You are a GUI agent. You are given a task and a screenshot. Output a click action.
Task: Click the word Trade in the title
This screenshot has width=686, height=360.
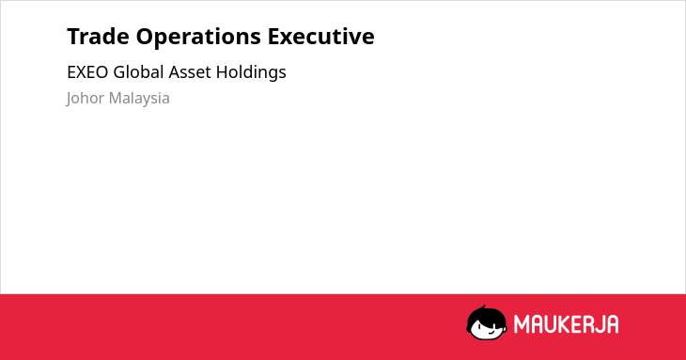(x=98, y=37)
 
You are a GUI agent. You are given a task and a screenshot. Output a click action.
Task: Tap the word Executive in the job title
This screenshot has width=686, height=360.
(x=321, y=37)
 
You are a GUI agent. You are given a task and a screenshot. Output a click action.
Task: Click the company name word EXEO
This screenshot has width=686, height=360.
(x=87, y=72)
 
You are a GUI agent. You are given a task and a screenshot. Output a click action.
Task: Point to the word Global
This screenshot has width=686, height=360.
(x=138, y=71)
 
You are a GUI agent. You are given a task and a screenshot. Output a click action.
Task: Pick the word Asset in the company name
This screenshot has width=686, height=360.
(x=190, y=72)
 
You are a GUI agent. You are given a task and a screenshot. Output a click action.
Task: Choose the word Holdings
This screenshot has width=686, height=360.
(x=251, y=72)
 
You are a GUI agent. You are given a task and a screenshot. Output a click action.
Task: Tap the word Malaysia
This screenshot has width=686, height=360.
(x=139, y=99)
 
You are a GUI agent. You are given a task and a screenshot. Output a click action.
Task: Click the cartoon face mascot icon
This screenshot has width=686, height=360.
(x=487, y=322)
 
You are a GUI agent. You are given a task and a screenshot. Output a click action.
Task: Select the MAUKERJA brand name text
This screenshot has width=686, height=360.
(x=566, y=324)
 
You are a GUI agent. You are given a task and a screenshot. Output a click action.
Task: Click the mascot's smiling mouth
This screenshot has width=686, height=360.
(x=491, y=332)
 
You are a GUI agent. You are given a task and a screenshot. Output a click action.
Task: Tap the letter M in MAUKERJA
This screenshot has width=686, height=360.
(x=521, y=324)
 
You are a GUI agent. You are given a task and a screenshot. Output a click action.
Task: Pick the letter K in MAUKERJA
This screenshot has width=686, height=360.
(x=564, y=324)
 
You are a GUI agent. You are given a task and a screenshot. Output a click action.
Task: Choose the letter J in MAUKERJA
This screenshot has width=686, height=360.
(x=598, y=324)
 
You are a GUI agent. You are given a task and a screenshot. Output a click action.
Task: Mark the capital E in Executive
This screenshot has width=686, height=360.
(x=273, y=37)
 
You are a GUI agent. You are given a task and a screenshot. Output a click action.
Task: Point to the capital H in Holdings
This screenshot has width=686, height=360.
(x=222, y=72)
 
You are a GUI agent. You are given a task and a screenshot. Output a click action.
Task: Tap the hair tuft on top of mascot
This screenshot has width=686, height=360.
(x=483, y=307)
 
